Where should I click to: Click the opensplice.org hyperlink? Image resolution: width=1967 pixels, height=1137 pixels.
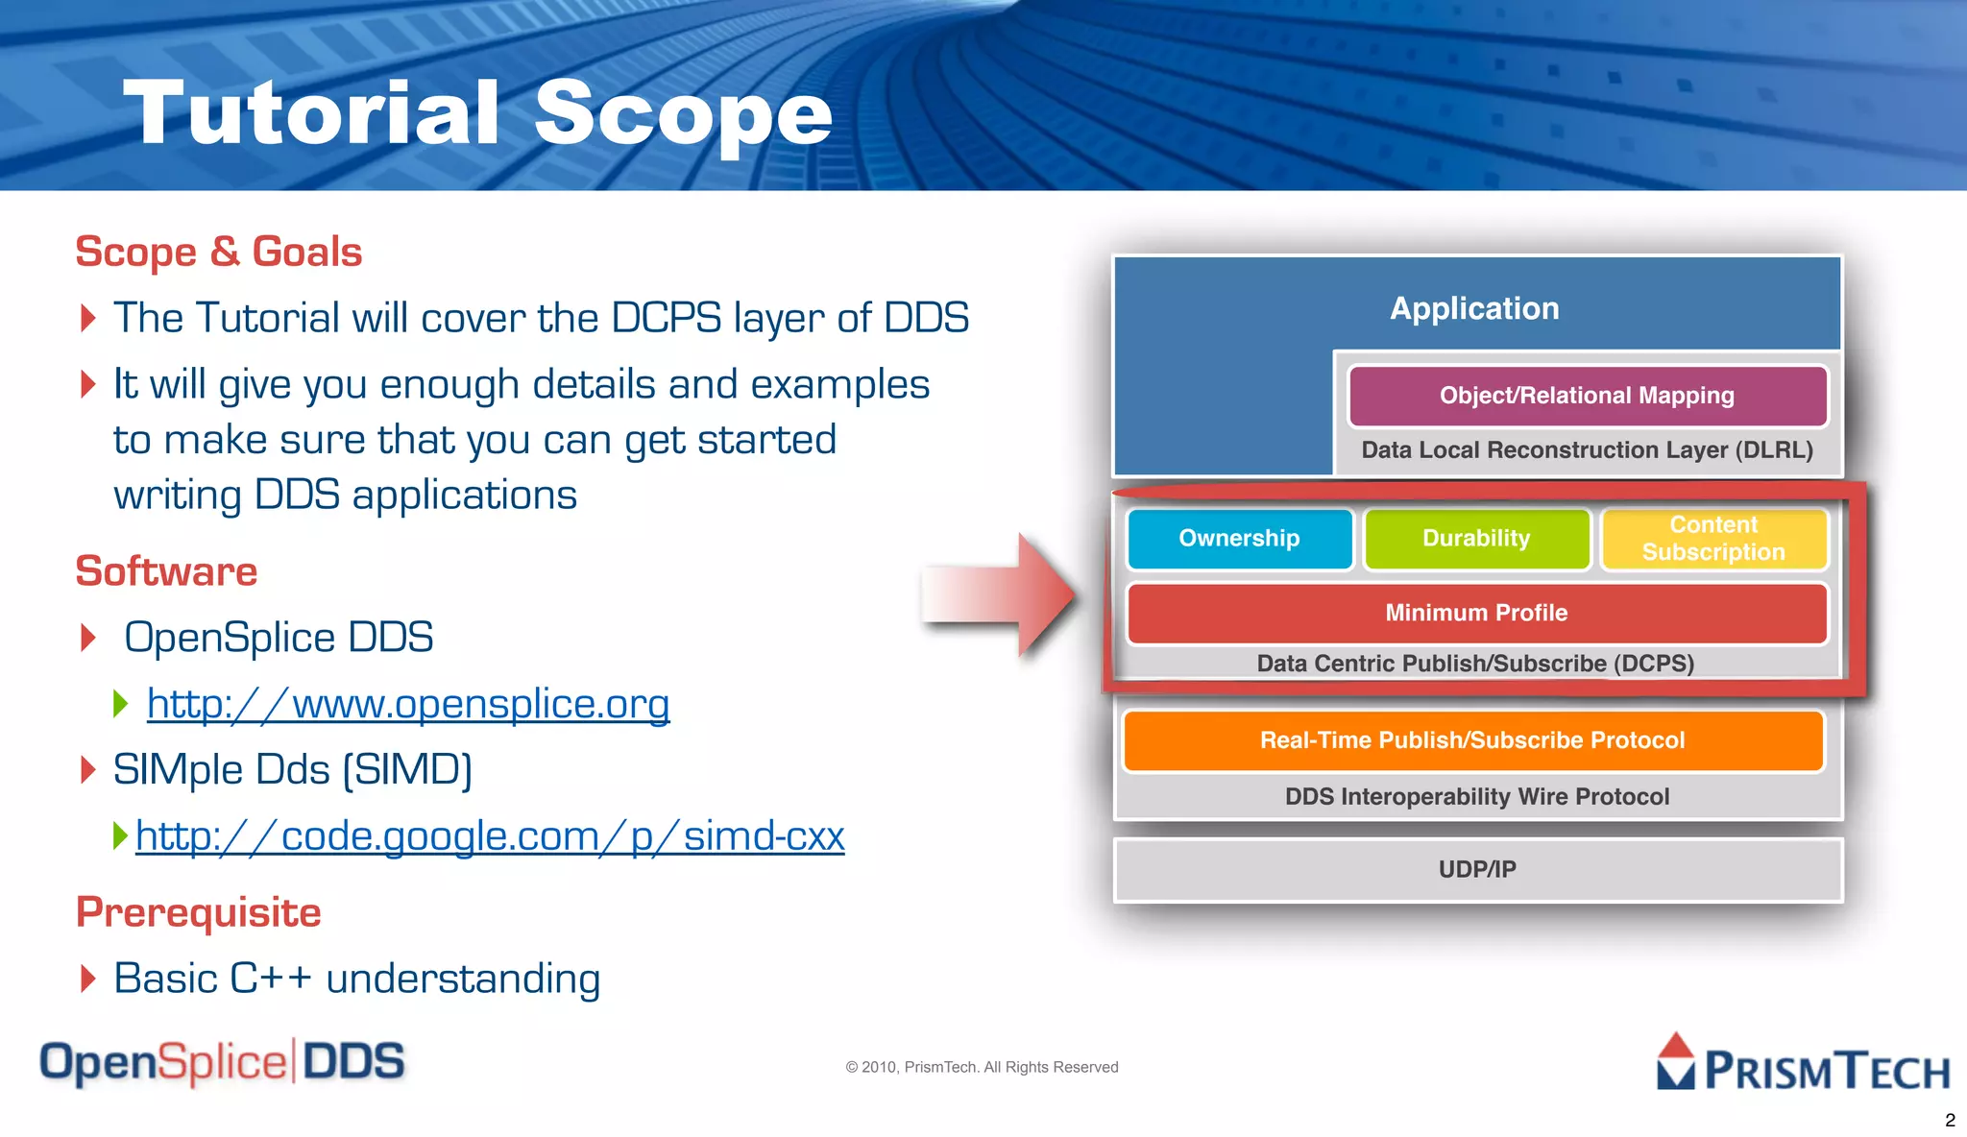coord(408,704)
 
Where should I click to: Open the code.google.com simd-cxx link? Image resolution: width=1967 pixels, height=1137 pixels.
coord(490,835)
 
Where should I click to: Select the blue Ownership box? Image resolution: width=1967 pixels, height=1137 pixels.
coord(1239,539)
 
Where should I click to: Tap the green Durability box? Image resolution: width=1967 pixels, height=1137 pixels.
coord(1476,539)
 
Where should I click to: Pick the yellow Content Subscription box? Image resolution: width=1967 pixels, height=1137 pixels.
coord(1713,539)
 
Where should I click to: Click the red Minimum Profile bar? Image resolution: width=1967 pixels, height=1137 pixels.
coord(1476,613)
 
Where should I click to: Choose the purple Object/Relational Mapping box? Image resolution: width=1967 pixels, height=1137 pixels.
coord(1587,396)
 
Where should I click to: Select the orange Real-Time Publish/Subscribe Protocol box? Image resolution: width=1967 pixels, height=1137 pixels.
coord(1472,740)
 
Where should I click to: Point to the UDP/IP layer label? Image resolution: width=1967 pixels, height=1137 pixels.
coord(1477,869)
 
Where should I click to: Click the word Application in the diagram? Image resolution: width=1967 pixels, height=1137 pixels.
coord(1474,308)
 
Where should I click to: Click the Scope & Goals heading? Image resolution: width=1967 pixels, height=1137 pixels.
coord(219,252)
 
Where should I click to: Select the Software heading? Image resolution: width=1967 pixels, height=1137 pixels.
coord(166,571)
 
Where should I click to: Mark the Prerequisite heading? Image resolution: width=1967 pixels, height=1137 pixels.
coord(199,912)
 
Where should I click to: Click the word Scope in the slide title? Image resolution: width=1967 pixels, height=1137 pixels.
coord(683,113)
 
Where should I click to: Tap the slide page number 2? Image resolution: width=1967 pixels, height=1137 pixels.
coord(1950,1120)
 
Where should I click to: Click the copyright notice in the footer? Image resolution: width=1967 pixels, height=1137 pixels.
coord(982,1067)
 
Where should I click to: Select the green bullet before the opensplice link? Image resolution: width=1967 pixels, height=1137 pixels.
coord(121,703)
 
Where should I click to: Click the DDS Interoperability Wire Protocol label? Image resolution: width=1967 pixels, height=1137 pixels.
coord(1477,797)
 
